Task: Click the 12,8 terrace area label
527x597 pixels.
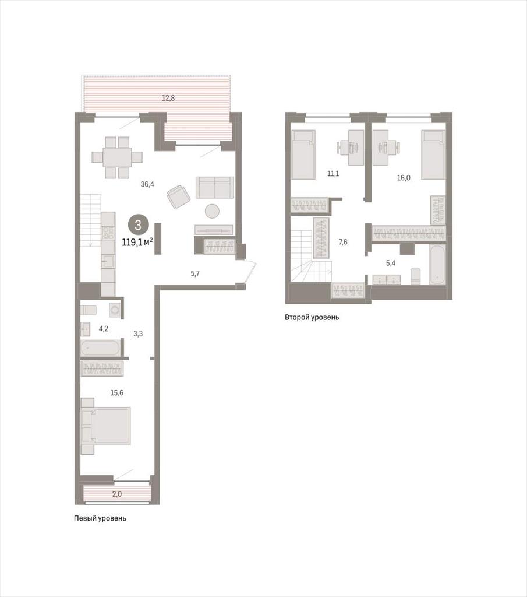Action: pyautogui.click(x=168, y=98)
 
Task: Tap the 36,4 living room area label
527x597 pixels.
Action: pyautogui.click(x=147, y=184)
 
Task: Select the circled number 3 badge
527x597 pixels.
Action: pyautogui.click(x=137, y=225)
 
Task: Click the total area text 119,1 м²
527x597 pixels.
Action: pyautogui.click(x=137, y=242)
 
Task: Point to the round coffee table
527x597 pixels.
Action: pyautogui.click(x=212, y=211)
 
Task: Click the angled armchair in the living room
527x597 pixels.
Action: pyautogui.click(x=178, y=196)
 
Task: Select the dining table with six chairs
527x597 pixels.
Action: pyautogui.click(x=118, y=157)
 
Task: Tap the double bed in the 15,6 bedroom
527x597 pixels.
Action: pyautogui.click(x=106, y=426)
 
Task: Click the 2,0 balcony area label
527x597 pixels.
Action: pyautogui.click(x=116, y=494)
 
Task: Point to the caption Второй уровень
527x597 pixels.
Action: pyautogui.click(x=312, y=317)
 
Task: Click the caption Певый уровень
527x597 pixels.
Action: pyautogui.click(x=100, y=518)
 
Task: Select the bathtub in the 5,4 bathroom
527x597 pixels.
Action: pyautogui.click(x=437, y=265)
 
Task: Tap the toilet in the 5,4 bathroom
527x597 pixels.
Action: pyautogui.click(x=416, y=276)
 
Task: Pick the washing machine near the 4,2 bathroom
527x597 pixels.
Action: pyautogui.click(x=115, y=310)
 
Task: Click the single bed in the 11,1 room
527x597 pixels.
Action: pyautogui.click(x=303, y=154)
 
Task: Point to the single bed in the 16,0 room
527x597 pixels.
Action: pyautogui.click(x=433, y=154)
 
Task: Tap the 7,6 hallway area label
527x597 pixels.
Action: pyautogui.click(x=342, y=242)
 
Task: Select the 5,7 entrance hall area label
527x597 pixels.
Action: pyautogui.click(x=195, y=273)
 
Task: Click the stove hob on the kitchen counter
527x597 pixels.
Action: pyautogui.click(x=108, y=233)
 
